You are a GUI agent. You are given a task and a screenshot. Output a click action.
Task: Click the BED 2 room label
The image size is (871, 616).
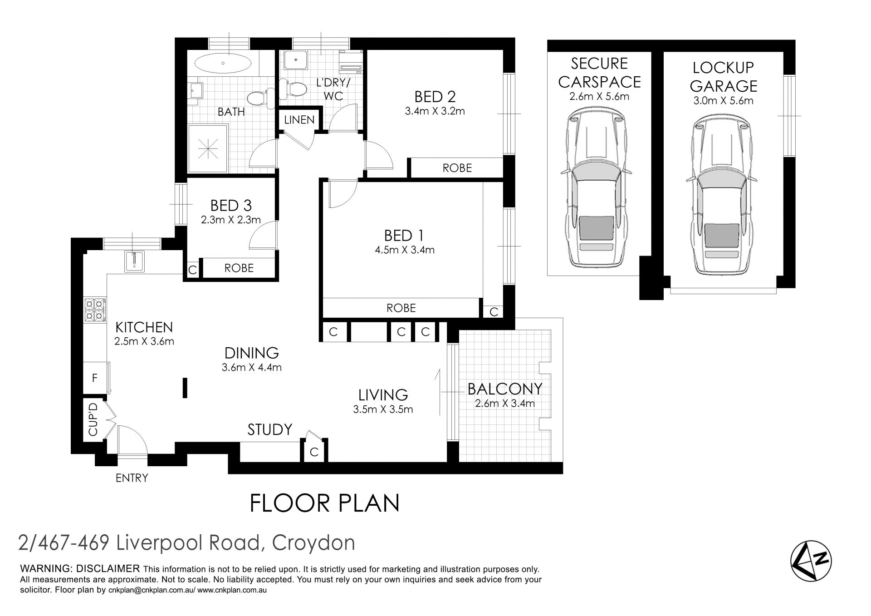pos(435,97)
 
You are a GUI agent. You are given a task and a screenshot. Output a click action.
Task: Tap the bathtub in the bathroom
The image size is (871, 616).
pos(222,63)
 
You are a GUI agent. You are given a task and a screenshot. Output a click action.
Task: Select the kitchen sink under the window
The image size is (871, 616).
pos(135,261)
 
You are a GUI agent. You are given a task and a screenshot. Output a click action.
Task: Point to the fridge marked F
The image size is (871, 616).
pos(95,377)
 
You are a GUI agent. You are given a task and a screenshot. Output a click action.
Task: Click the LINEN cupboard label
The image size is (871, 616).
pos(299,120)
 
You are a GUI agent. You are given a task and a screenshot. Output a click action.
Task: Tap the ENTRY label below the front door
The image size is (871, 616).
pos(132,478)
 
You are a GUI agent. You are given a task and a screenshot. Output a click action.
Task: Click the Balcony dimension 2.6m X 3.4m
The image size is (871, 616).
pos(504,403)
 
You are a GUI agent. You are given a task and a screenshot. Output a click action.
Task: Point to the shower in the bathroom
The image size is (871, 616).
pos(208,148)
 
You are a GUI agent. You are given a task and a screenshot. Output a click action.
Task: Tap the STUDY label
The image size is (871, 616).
pos(269,429)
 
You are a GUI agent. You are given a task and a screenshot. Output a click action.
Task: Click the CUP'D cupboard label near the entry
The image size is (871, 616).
pos(93,419)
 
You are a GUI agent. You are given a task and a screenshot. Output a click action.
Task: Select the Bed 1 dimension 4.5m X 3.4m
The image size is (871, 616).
pos(404,250)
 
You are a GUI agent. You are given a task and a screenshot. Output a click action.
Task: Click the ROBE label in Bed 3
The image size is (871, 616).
pos(239,268)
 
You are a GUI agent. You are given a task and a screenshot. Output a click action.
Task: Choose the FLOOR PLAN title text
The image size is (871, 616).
pos(325,503)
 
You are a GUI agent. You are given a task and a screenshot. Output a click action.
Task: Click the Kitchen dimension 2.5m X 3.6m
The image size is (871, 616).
pos(144,341)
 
